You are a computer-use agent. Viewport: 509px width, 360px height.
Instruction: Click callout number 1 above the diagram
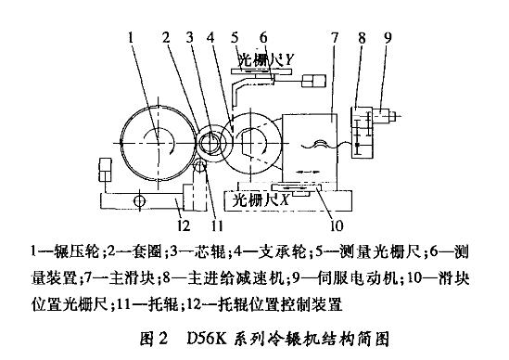click(x=131, y=38)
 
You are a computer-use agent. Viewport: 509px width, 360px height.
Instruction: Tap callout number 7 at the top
click(x=335, y=38)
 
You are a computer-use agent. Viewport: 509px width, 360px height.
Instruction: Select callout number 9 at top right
click(x=388, y=38)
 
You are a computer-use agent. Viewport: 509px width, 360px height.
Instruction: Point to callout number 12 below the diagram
click(x=184, y=225)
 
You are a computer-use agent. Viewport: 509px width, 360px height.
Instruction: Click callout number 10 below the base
click(x=337, y=225)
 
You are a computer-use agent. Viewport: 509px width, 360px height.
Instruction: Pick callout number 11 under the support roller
click(x=217, y=225)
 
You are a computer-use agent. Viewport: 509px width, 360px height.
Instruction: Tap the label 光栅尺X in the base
click(x=261, y=200)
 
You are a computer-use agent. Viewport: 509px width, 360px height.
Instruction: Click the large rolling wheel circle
click(x=121, y=143)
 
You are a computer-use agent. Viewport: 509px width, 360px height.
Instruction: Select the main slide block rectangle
click(x=310, y=114)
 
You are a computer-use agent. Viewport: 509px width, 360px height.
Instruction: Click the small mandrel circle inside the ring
click(x=210, y=143)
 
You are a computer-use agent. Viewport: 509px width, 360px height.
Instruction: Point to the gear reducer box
click(x=363, y=133)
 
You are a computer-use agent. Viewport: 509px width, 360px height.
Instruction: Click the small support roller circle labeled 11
click(x=200, y=167)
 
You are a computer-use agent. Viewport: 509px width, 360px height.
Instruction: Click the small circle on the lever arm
click(x=139, y=201)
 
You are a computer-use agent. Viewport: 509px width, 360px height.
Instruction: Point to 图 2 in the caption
click(x=154, y=340)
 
